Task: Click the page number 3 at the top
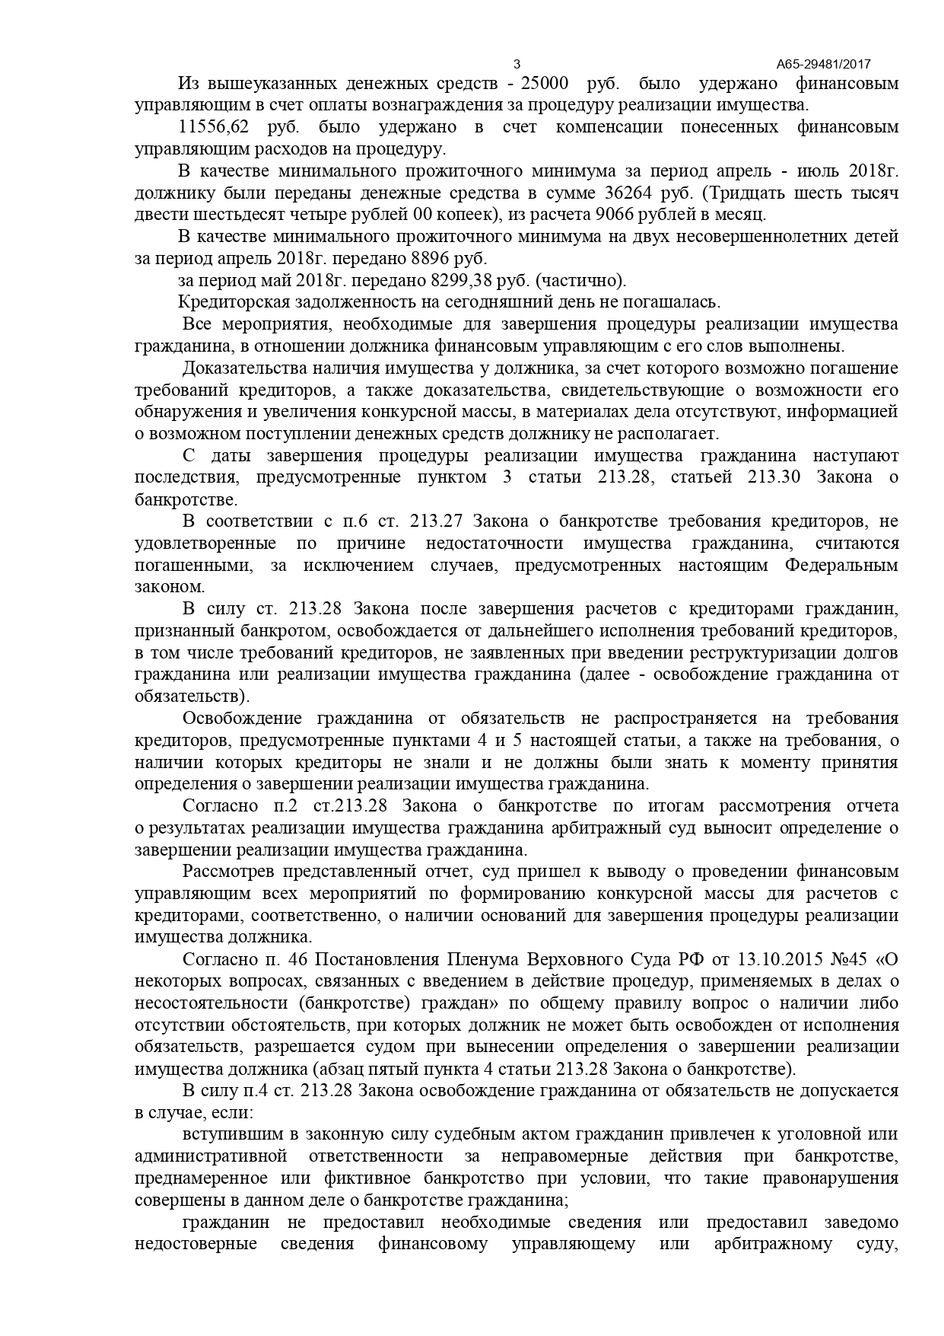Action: pos(517,64)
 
